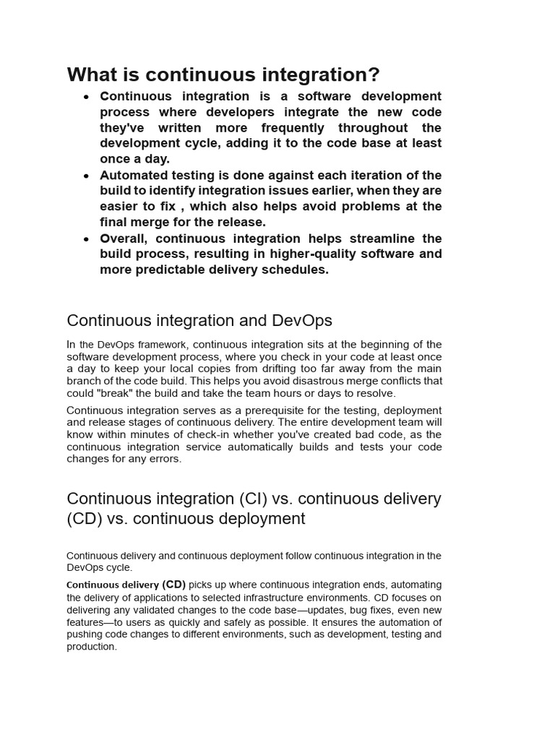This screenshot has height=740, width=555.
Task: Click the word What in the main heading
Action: click(92, 74)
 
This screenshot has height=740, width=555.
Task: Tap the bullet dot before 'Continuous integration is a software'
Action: click(87, 97)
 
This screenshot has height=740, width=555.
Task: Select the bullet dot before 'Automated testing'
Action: click(87, 176)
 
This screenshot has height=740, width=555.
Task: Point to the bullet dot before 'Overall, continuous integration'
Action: click(87, 238)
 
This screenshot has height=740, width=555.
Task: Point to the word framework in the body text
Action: click(163, 345)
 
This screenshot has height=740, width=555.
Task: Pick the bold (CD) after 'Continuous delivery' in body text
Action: click(173, 585)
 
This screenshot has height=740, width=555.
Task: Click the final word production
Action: click(91, 647)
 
